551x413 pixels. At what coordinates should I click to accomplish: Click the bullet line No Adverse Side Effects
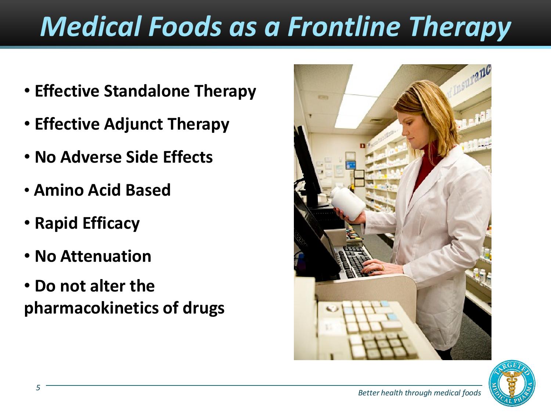(x=123, y=157)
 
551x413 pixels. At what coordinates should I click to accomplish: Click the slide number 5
(x=38, y=387)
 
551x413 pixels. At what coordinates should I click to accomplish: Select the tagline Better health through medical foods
(x=419, y=393)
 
